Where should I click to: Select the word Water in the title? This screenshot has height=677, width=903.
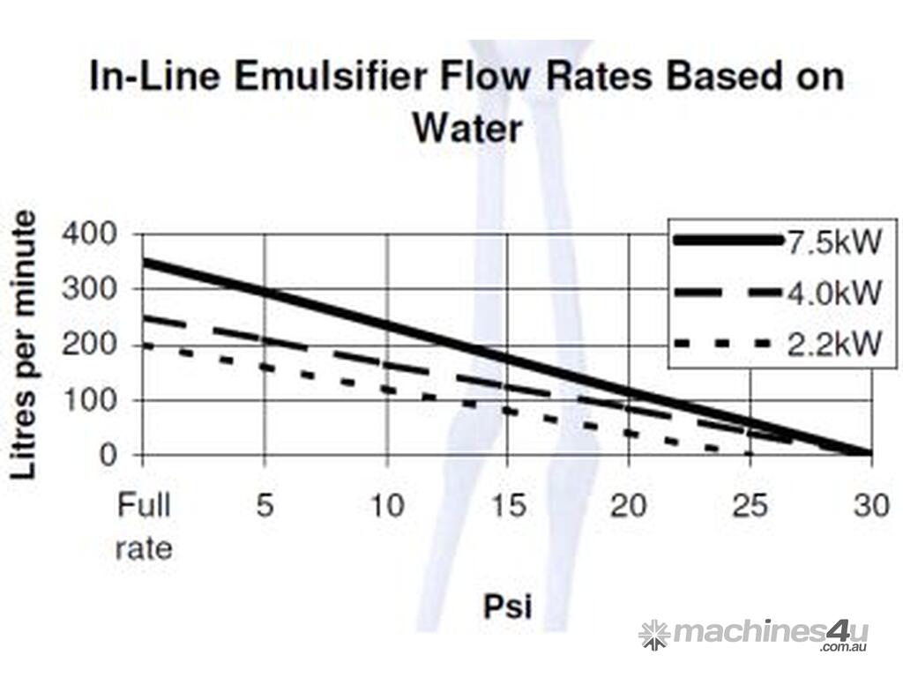(x=467, y=129)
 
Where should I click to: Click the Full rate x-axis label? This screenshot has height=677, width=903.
(x=144, y=526)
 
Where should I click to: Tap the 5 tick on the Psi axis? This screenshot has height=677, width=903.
(x=265, y=507)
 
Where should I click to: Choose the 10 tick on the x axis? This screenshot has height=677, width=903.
(x=386, y=507)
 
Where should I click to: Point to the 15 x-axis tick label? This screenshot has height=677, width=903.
(x=507, y=507)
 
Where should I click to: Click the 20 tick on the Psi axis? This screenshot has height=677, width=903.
(x=629, y=507)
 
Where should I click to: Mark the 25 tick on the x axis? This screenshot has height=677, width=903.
(x=750, y=507)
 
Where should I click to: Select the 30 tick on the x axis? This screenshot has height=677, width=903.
(x=870, y=507)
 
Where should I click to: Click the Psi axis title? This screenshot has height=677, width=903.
(x=507, y=606)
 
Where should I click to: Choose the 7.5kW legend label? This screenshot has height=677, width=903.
(x=833, y=241)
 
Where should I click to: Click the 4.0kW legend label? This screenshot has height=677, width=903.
(x=833, y=292)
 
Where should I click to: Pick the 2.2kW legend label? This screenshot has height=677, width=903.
(x=833, y=344)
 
